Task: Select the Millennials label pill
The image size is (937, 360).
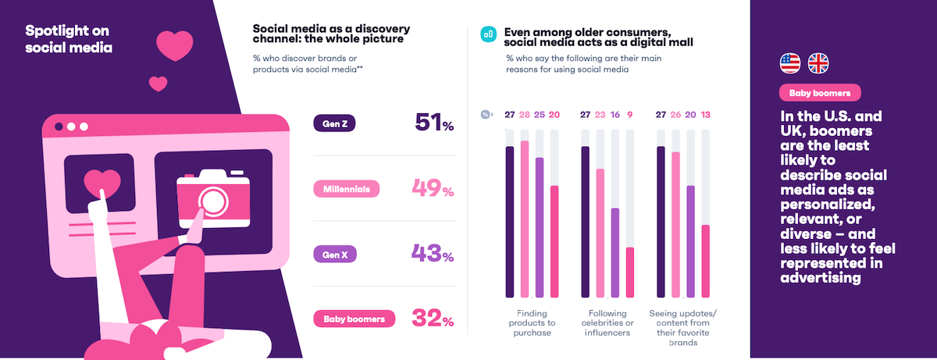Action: point(346,189)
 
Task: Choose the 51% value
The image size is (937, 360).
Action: point(433,123)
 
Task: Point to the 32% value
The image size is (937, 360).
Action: point(433,319)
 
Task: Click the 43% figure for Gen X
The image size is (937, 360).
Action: point(433,253)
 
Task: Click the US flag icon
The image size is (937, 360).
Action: point(791,63)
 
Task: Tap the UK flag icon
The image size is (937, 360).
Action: point(818,63)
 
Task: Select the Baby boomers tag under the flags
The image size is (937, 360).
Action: point(820,94)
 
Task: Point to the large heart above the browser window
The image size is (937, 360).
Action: point(174,45)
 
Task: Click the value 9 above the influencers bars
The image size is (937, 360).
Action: point(630,114)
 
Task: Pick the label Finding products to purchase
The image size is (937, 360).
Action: point(532,323)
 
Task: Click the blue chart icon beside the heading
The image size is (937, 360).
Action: point(489,34)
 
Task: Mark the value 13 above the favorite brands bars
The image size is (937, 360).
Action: point(707,114)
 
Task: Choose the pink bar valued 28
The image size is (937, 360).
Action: point(525,219)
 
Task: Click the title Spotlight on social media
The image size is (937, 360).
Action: point(68,39)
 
